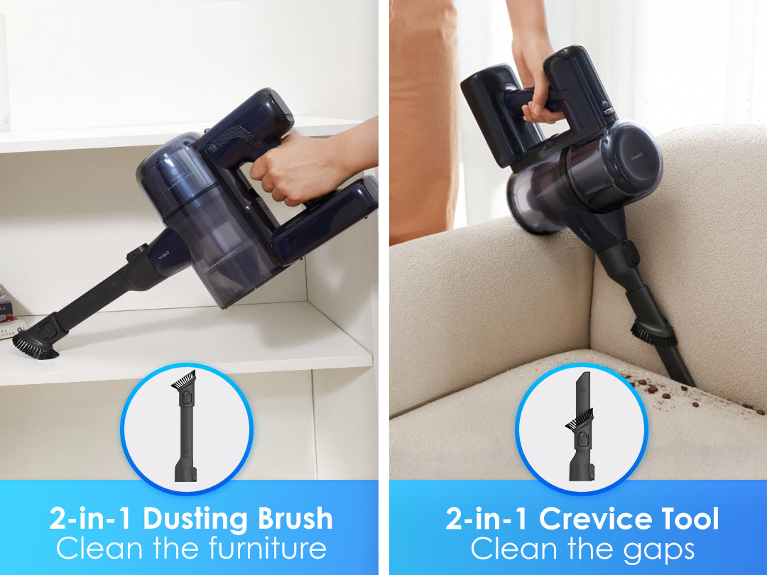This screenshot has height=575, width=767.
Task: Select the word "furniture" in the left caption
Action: tap(268, 547)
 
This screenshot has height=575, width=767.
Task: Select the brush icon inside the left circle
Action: tap(185, 425)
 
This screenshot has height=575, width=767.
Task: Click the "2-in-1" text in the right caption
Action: tap(487, 518)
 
